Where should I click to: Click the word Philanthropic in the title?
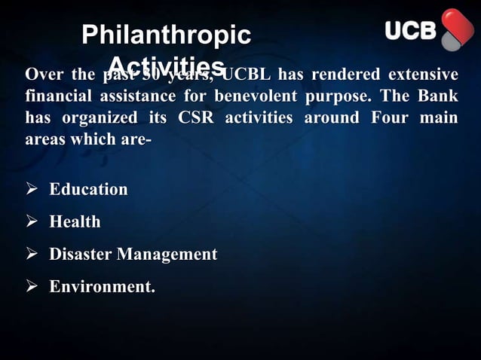click(x=166, y=35)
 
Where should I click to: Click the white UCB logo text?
click(x=411, y=31)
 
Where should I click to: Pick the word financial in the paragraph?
click(x=57, y=98)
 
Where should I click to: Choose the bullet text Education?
click(x=88, y=189)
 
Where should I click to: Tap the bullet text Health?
click(x=75, y=222)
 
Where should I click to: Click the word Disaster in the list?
click(x=79, y=255)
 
